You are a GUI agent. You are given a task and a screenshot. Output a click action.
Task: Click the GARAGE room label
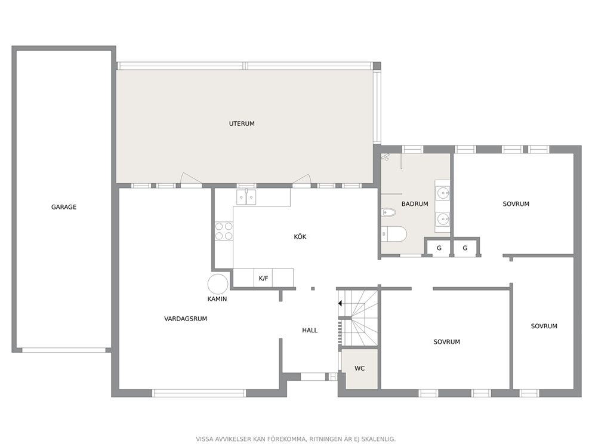[64, 207]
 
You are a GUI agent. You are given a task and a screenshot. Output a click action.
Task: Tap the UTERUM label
[242, 124]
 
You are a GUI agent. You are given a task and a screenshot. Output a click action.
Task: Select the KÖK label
[300, 237]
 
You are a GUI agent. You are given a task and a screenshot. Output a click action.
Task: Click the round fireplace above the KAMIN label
[218, 284]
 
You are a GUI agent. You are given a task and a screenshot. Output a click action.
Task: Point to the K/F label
[264, 279]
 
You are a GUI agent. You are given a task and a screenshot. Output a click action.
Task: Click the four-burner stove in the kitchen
[224, 231]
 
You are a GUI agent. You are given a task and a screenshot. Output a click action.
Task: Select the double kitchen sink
[246, 197]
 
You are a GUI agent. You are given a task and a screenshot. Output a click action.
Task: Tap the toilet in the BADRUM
[393, 234]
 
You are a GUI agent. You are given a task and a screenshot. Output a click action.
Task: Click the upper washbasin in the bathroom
[442, 193]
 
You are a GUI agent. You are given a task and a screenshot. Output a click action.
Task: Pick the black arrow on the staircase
[340, 303]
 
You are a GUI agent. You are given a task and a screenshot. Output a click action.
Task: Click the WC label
[359, 368]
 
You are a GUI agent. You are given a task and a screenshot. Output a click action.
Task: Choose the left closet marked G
[439, 248]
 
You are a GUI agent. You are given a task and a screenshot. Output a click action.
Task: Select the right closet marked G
[465, 248]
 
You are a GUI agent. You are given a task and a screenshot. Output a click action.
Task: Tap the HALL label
[310, 331]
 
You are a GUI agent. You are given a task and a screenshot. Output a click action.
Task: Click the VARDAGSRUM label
[186, 319]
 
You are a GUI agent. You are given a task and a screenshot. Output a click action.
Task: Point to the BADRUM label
[415, 204]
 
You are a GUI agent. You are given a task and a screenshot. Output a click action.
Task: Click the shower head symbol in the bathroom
[385, 157]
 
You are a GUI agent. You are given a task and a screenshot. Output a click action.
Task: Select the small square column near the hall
[313, 289]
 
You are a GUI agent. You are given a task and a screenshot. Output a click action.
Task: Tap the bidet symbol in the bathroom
[388, 212]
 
